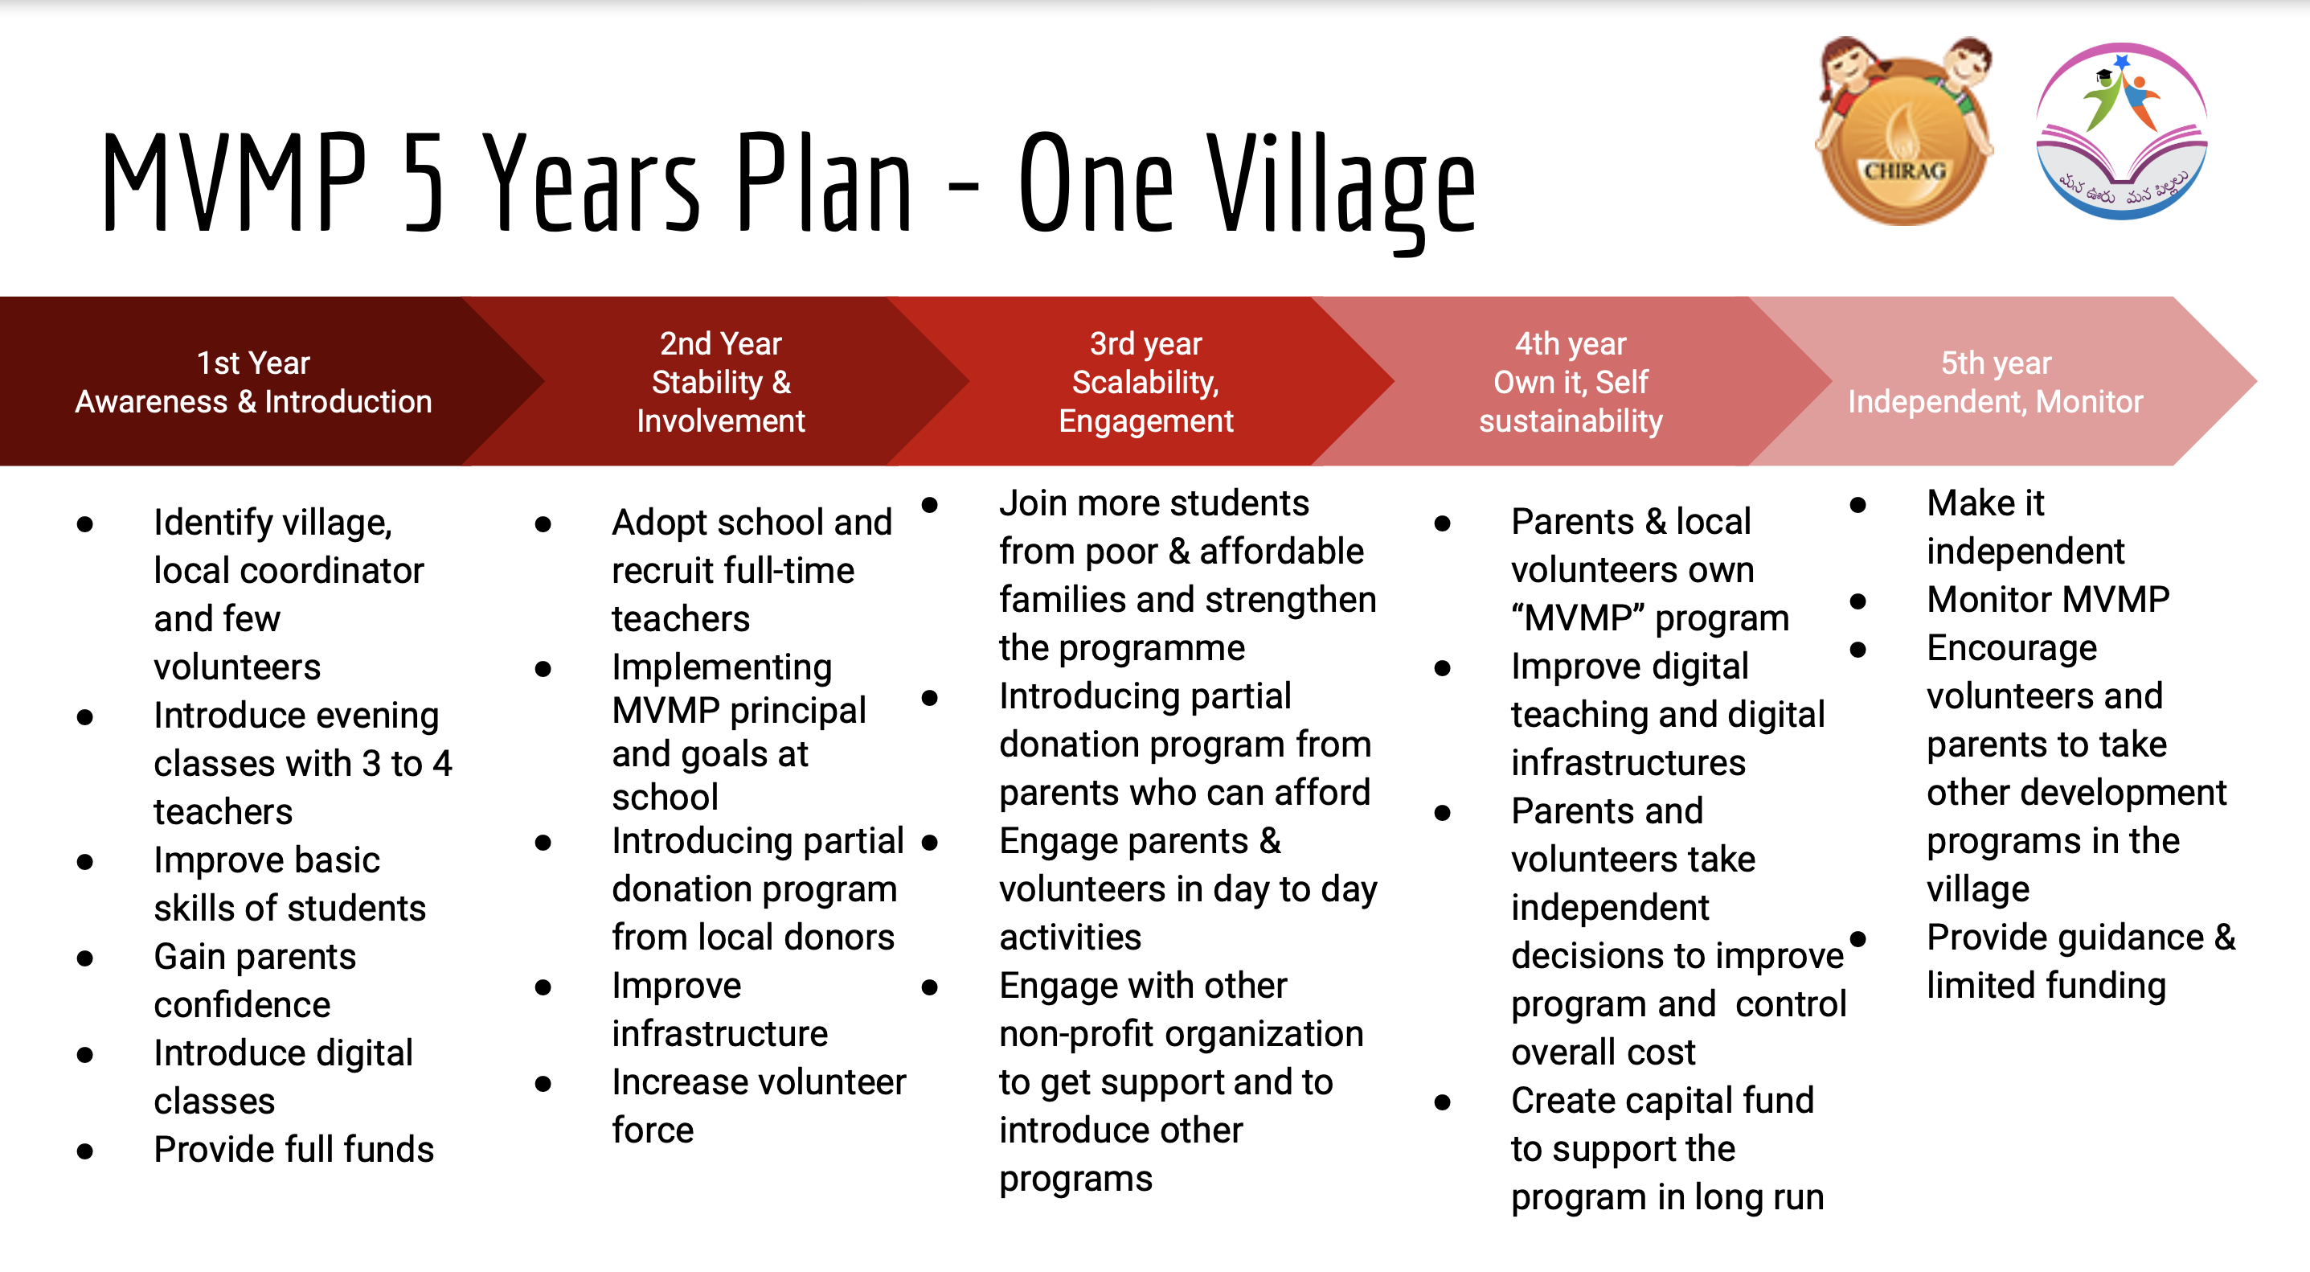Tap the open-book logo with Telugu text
click(2121, 132)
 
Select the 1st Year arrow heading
click(254, 382)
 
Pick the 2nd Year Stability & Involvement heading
click(721, 382)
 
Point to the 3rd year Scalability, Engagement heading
click(1146, 382)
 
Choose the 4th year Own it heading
click(1571, 382)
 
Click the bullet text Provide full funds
click(293, 1149)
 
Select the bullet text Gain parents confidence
click(255, 980)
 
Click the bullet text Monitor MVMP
click(2048, 598)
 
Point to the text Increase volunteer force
click(759, 1105)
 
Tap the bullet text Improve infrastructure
click(719, 1009)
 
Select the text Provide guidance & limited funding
click(2082, 961)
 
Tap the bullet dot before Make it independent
click(1858, 505)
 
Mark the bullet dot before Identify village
click(85, 524)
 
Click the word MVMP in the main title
click(235, 182)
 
